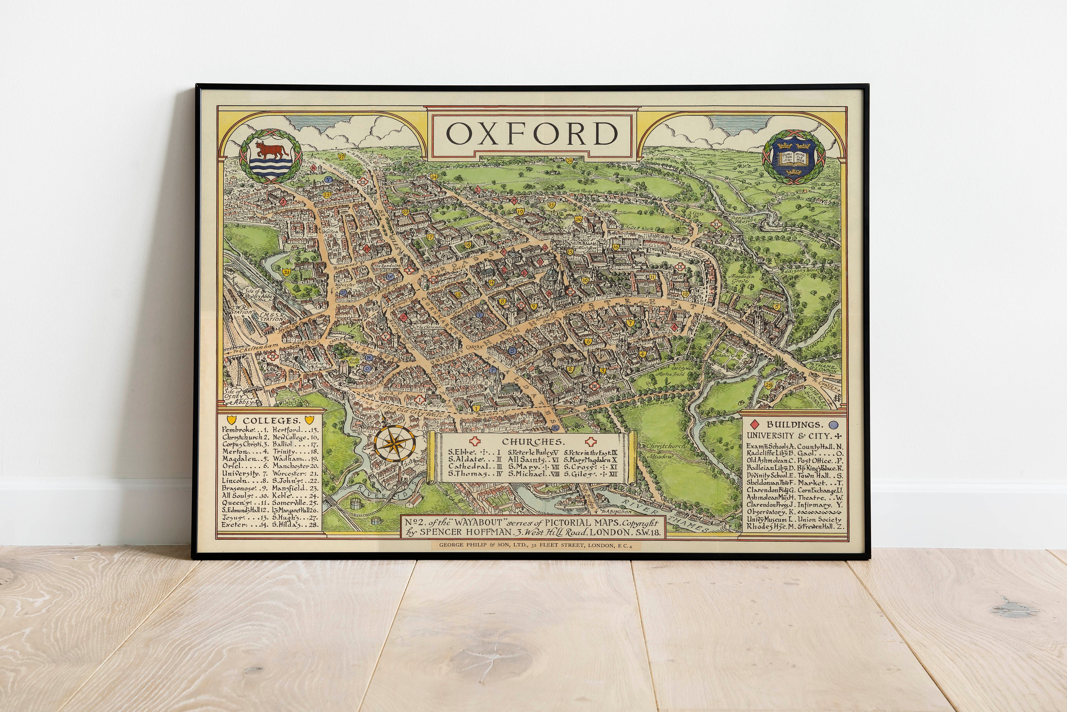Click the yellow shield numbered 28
point(768,385)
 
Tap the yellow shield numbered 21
point(287,272)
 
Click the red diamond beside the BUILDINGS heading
point(754,425)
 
